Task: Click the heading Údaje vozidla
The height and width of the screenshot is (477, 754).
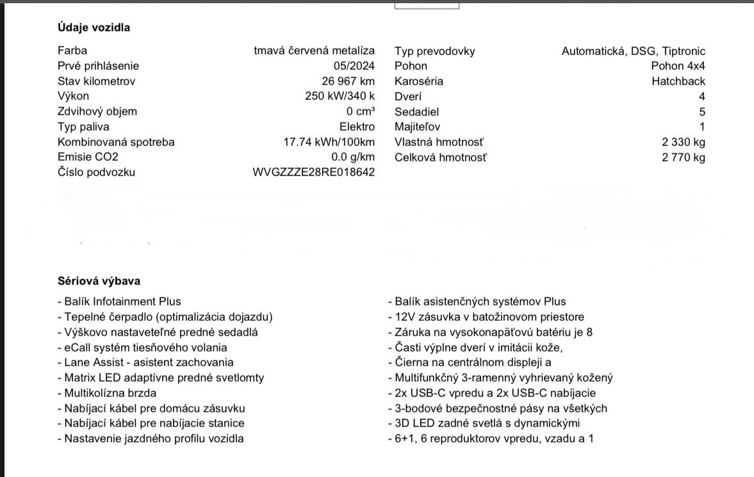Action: pos(94,28)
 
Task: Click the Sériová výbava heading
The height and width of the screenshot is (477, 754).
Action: pos(99,281)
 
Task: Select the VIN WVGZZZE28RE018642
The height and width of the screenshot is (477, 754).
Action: pos(314,172)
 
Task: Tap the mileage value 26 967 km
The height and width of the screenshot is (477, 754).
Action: pos(348,81)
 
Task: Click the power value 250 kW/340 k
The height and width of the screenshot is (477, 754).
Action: pos(340,97)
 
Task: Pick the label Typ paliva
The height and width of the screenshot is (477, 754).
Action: pos(83,127)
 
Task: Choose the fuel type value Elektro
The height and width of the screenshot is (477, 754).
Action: pos(357,127)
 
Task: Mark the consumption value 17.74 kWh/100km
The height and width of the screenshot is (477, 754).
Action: pos(329,142)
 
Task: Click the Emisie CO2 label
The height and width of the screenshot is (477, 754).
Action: pos(88,158)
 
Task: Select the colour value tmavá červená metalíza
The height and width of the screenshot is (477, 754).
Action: pos(314,51)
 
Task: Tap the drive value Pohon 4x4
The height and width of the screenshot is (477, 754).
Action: pos(678,66)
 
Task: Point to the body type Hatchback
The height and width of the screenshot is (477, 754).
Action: pos(678,81)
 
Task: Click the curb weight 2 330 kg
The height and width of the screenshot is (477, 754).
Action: pos(684,142)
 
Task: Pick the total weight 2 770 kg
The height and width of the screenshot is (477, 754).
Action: pos(684,158)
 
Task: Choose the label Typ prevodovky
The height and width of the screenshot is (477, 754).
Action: pos(435,51)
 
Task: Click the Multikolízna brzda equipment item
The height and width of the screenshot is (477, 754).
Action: pos(106,393)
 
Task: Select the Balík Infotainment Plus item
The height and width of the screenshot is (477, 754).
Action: pos(119,302)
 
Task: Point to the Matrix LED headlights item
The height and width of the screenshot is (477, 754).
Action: pos(160,378)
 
